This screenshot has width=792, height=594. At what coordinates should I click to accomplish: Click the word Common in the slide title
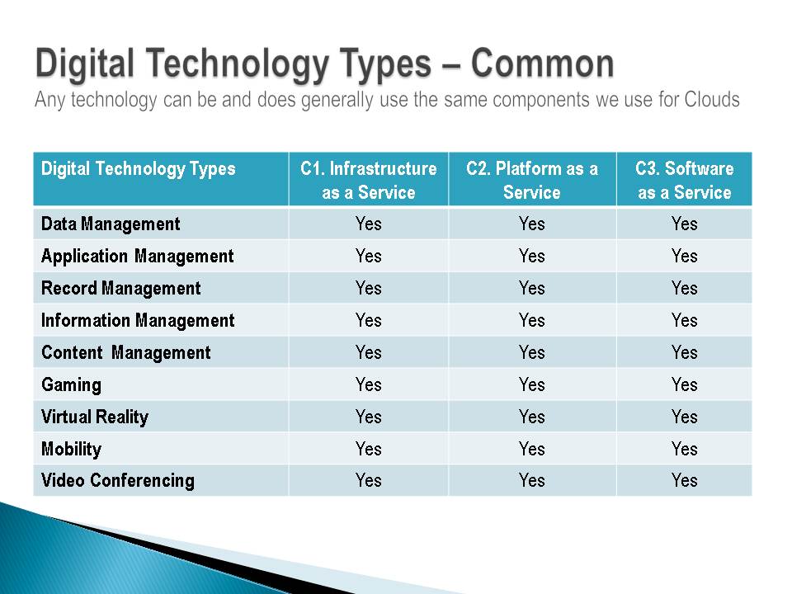click(x=543, y=64)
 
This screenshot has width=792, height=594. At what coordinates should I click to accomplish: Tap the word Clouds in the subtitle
click(x=712, y=100)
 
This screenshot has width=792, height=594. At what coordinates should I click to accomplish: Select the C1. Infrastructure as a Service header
click(x=369, y=181)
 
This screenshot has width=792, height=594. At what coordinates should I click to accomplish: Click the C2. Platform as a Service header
click(x=532, y=181)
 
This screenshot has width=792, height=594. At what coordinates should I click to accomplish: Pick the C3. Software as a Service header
click(x=685, y=181)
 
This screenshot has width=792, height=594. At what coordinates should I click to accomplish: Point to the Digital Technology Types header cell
click(x=139, y=169)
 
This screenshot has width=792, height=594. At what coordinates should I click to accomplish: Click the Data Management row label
click(x=111, y=224)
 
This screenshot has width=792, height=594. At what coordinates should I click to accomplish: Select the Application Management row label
click(x=138, y=256)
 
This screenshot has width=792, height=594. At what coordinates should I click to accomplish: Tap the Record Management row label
click(x=120, y=289)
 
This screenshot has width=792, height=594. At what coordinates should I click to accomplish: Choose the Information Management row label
click(x=138, y=321)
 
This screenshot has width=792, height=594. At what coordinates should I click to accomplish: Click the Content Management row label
click(x=125, y=352)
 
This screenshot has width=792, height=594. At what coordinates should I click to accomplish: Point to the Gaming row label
click(x=71, y=385)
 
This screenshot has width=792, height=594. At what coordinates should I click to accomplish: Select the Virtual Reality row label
click(x=95, y=417)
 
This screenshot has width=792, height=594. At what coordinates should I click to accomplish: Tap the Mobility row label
click(x=71, y=449)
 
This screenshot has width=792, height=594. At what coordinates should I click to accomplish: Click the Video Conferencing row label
click(x=118, y=481)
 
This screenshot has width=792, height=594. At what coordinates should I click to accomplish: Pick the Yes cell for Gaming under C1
click(x=368, y=385)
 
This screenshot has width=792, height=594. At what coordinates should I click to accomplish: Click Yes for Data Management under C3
click(x=685, y=224)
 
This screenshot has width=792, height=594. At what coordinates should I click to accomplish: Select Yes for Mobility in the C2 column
click(x=532, y=449)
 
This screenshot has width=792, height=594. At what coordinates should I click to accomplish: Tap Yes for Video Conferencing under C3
click(x=685, y=480)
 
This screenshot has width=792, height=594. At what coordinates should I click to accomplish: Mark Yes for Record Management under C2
click(x=532, y=289)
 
